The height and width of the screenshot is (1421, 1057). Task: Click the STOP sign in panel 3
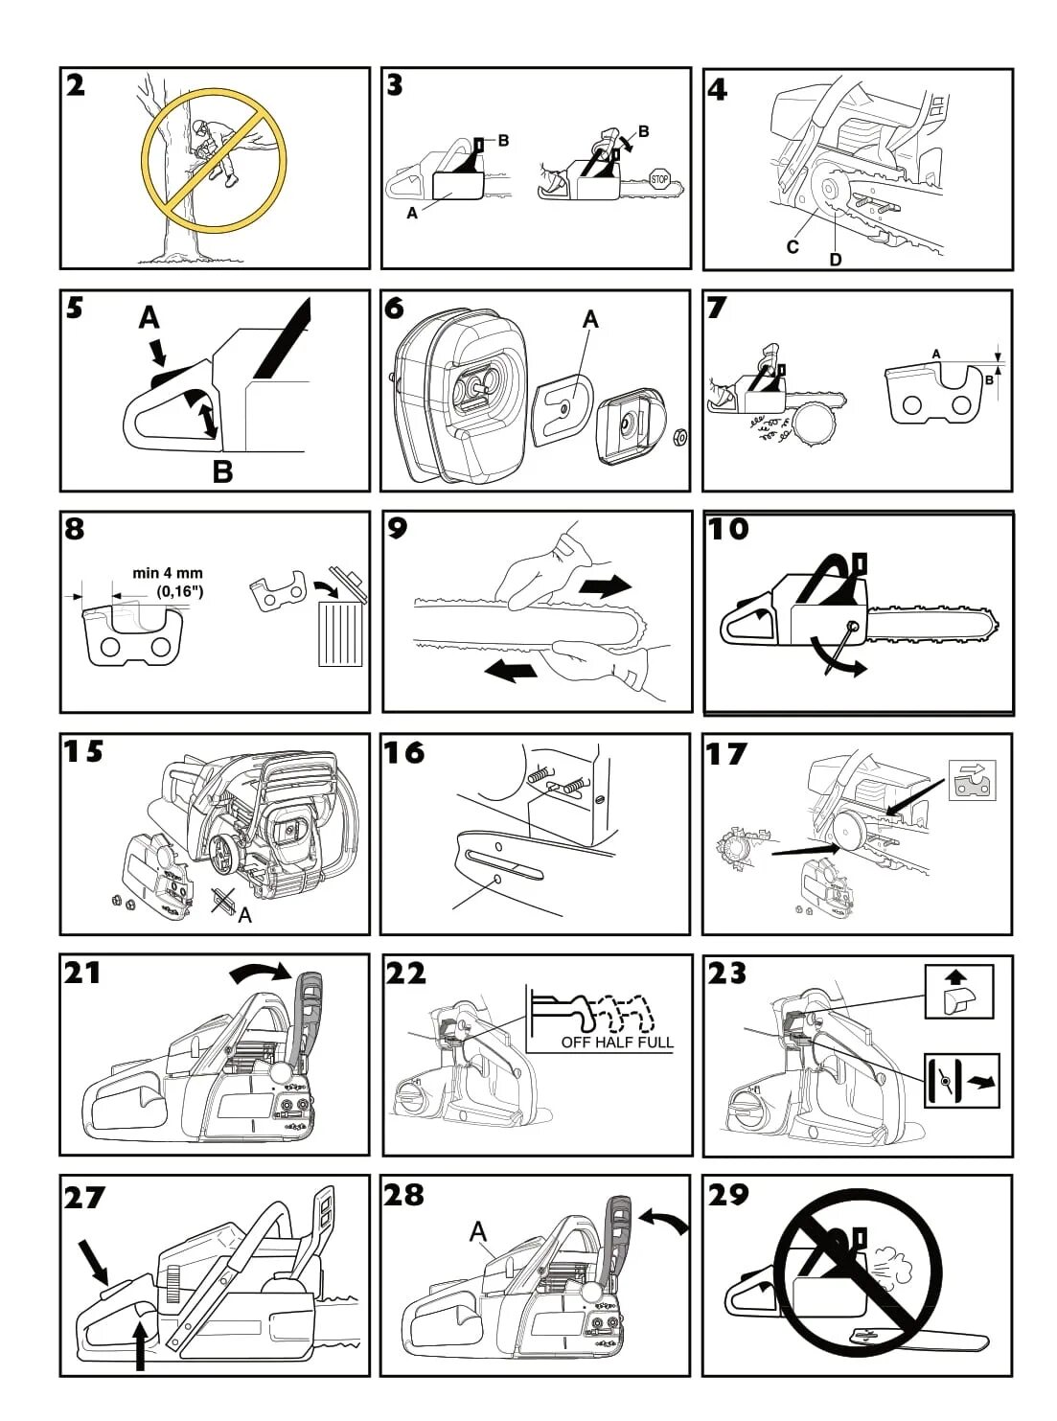click(659, 179)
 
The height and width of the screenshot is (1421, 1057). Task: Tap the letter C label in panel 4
click(793, 246)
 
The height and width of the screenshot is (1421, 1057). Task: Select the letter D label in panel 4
click(836, 259)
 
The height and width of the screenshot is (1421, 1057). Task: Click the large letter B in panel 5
click(222, 470)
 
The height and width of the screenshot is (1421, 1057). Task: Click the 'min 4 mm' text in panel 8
click(168, 573)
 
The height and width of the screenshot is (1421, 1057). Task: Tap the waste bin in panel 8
click(341, 623)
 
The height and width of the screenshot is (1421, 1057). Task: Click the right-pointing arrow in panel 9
click(605, 585)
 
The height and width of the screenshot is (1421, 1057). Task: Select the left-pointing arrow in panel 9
click(510, 670)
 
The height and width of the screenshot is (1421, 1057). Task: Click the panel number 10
click(728, 529)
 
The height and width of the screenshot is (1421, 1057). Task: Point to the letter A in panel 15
click(245, 915)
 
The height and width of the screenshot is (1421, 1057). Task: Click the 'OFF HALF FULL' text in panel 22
click(617, 1042)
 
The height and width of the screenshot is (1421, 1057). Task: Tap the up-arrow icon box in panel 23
click(959, 991)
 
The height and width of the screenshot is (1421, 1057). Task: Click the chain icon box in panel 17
click(972, 780)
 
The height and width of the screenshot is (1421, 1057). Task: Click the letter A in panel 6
click(590, 319)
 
